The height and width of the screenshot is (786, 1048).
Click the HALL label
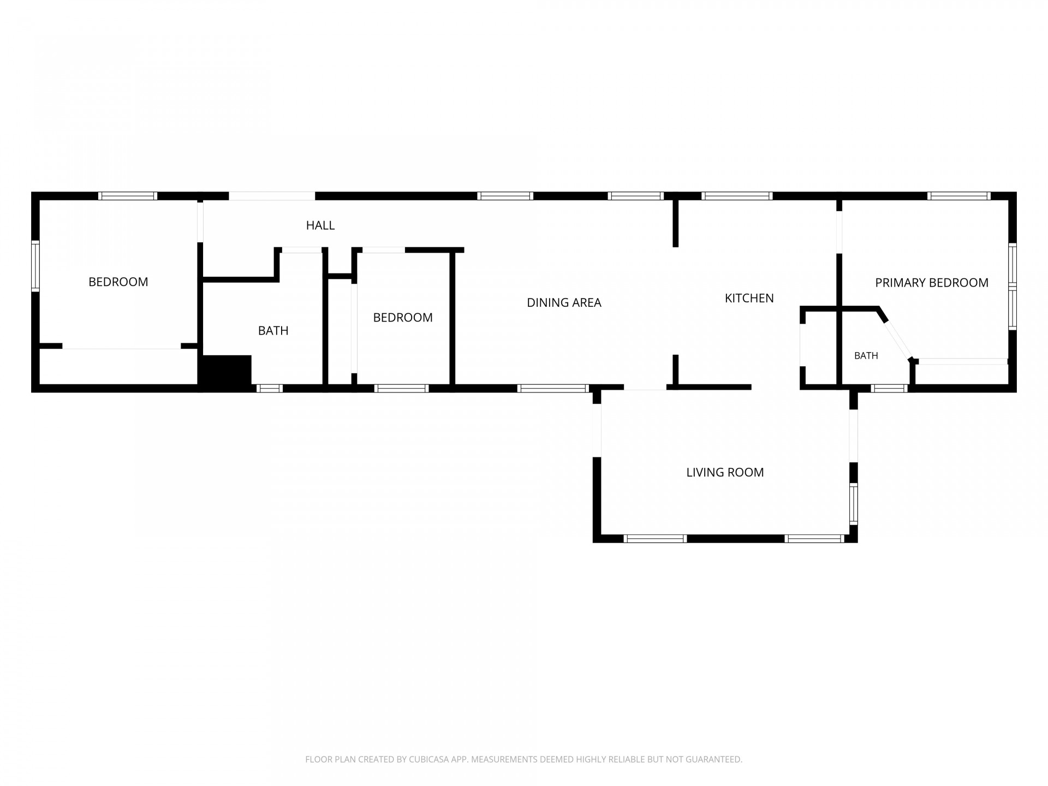[320, 225]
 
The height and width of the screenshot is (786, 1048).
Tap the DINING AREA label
[564, 302]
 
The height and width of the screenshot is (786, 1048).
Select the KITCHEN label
[749, 298]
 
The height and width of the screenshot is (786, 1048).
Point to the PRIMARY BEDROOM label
[932, 283]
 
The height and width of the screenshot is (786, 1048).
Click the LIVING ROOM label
[725, 472]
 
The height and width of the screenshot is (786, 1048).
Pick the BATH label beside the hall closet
[273, 330]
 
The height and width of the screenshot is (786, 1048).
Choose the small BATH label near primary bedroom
[866, 356]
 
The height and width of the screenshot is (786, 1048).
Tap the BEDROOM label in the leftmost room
[118, 282]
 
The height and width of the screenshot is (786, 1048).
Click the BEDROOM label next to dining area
[403, 317]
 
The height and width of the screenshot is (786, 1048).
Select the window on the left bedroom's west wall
[35, 266]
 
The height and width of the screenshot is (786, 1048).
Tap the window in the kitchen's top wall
[737, 196]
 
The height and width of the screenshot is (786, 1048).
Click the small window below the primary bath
[889, 388]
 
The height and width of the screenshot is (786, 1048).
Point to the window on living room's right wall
[853, 504]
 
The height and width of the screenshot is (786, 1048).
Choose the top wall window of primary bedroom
[958, 196]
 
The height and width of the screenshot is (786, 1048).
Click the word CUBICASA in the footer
[428, 759]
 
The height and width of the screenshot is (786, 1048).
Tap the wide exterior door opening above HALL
[272, 196]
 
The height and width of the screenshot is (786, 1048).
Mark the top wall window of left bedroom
[128, 196]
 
